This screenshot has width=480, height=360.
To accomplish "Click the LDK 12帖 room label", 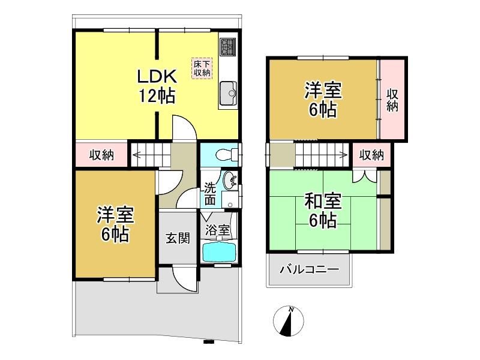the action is pos(157,86).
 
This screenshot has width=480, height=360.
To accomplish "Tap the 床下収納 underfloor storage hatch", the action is pos(202,68).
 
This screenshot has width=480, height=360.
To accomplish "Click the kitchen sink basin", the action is pos(228,92).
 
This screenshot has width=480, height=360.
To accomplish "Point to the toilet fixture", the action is pos(227,155).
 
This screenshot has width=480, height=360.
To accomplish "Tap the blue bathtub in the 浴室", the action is pos(219,251).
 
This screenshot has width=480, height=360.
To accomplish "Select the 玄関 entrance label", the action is pos(178,238).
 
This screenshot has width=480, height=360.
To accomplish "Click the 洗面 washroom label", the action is pos(210,194).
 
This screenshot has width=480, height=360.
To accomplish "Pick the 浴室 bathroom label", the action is pos(217,230).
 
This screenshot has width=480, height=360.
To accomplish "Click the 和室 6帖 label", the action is pos(323,211).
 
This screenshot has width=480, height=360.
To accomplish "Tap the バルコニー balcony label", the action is pos(310,269).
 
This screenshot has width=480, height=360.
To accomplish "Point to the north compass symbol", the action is pos(289,320).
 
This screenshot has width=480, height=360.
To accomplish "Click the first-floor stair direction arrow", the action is pos(151,155).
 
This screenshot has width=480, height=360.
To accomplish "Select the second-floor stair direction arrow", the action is pos(322,155).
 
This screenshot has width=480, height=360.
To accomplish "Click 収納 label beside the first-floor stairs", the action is pos(101,155).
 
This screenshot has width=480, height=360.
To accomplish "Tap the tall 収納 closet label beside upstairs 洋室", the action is pos(392,100).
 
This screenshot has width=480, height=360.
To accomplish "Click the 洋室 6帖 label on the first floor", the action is pos(115,224).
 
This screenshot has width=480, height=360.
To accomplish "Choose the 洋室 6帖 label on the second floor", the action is pos(323,100).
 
